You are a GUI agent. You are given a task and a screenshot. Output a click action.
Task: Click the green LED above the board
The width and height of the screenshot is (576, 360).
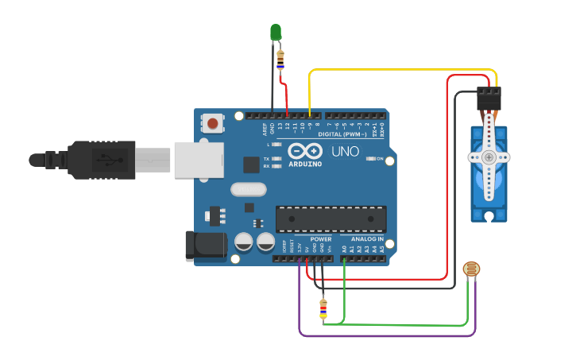276,32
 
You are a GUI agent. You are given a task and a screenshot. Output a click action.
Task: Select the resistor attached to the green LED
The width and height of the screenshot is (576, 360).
280,59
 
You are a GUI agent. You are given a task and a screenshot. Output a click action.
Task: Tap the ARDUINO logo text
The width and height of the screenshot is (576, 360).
305,165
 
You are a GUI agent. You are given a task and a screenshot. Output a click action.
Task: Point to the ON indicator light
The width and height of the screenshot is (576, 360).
371,159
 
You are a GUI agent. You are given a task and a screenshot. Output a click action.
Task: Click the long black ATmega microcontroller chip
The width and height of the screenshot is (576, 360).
331,219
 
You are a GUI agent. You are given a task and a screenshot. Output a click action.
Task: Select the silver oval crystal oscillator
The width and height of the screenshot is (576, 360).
249,189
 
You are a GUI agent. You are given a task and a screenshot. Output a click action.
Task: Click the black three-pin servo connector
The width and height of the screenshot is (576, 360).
489,99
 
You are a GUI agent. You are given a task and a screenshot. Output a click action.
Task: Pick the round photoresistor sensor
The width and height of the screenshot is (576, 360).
472,269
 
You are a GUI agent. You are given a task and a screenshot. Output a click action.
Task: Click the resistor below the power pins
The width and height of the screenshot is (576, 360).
323,310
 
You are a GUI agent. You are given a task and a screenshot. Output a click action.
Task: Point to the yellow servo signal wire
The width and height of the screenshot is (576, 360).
397,70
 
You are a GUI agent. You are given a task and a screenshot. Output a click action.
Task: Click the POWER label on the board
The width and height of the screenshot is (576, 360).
321,238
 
